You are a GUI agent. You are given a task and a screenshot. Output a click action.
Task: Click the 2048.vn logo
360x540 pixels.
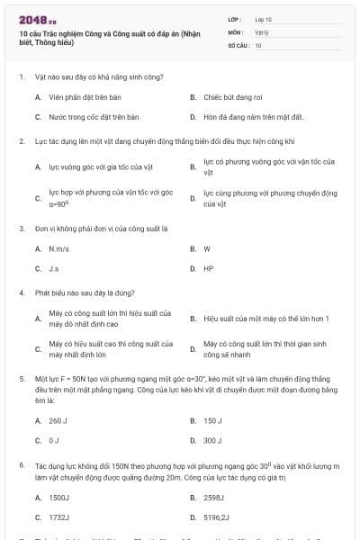point(31,19)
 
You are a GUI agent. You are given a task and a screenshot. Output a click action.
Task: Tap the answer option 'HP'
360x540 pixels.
point(209,269)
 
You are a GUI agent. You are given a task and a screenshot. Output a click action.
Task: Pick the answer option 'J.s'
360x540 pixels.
point(55,269)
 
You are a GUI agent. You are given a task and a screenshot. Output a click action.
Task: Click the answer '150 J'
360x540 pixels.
point(213,420)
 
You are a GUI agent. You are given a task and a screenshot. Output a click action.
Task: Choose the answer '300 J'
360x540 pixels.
point(213,441)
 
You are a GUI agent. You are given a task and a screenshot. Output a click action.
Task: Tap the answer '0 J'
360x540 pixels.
point(55,441)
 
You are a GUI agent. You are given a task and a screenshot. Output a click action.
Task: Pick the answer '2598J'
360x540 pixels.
point(214,498)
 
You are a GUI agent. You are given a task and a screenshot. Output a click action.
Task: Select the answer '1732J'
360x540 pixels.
point(59,518)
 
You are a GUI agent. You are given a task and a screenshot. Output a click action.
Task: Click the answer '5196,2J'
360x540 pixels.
point(217,518)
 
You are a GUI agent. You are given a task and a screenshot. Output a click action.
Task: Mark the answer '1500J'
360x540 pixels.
point(59,498)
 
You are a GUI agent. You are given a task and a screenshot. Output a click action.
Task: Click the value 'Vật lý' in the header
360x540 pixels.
point(261,31)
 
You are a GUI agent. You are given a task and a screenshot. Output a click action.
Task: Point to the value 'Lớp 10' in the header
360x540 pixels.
point(263,19)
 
